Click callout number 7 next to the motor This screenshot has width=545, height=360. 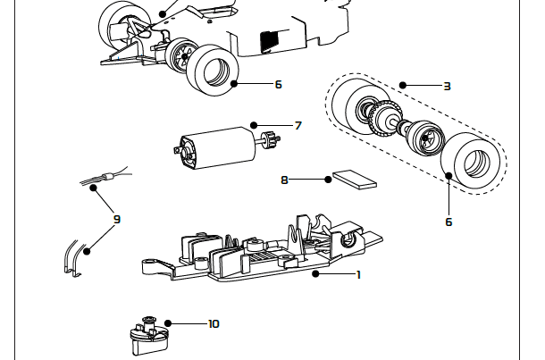[x=298, y=125]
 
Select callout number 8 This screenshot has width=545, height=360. [x=284, y=180]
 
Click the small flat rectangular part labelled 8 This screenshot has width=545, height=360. [x=354, y=180]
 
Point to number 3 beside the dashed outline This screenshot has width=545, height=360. [x=447, y=86]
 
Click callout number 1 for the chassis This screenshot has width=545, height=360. [x=358, y=274]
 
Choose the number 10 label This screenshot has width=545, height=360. [x=213, y=323]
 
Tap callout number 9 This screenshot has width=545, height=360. [x=116, y=218]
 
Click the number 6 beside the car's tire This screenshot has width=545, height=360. [x=278, y=84]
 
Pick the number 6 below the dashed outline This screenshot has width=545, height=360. [x=449, y=222]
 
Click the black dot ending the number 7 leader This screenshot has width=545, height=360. [x=254, y=125]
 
